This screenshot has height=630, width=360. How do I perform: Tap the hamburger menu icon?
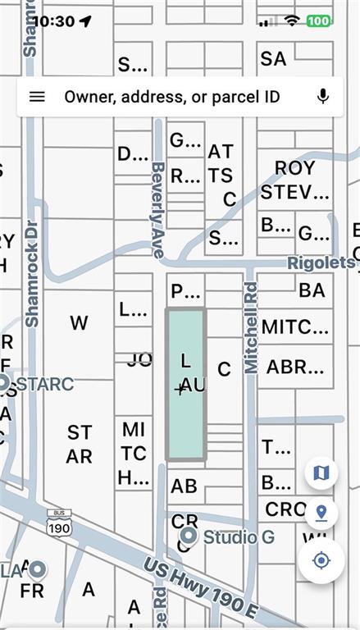pyautogui.click(x=37, y=97)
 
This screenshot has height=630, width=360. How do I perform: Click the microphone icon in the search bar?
pyautogui.click(x=323, y=97)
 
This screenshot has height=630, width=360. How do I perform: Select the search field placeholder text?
pyautogui.click(x=172, y=97)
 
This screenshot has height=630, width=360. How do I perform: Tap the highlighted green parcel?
pyautogui.click(x=186, y=384)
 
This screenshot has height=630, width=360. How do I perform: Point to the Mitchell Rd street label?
pyautogui.click(x=251, y=328)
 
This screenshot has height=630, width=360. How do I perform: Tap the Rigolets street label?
pyautogui.click(x=321, y=263)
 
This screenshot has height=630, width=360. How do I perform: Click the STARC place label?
pyautogui.click(x=44, y=384)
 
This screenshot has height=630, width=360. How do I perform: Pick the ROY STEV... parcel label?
pyautogui.click(x=295, y=180)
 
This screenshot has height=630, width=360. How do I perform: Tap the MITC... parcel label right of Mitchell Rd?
pyautogui.click(x=295, y=327)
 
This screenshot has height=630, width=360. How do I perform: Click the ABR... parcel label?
pyautogui.click(x=295, y=367)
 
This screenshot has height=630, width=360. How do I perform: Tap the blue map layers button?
pyautogui.click(x=321, y=472)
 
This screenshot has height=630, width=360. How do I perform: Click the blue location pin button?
pyautogui.click(x=321, y=514)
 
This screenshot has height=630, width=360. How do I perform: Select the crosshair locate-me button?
pyautogui.click(x=321, y=561)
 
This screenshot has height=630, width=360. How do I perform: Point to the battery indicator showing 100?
pyautogui.click(x=319, y=21)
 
